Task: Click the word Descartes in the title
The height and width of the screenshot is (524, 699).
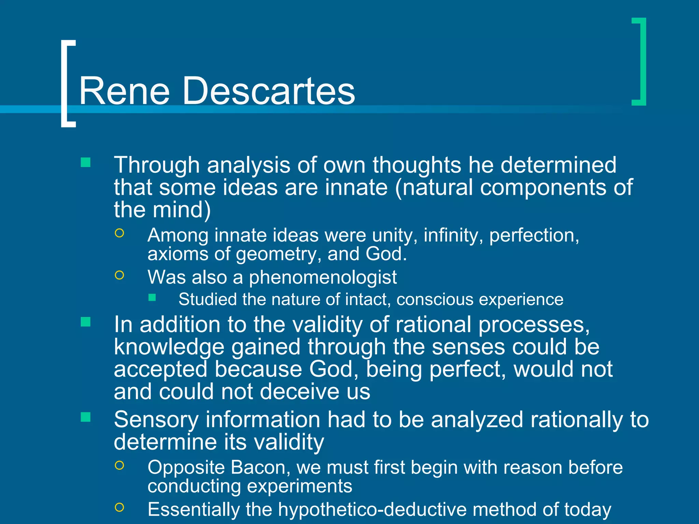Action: pos(269,91)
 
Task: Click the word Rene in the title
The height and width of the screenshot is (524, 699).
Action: pos(124,91)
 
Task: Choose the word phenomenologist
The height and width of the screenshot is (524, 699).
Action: pos(323,277)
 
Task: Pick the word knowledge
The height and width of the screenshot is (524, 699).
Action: pos(169,347)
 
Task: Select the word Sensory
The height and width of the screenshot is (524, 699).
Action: pos(156,420)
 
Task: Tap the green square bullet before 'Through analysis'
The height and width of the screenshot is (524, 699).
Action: pos(86,162)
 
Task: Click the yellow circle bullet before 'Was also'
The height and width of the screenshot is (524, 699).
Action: pos(119,275)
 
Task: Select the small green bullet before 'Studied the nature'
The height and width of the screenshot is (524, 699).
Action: pos(152,298)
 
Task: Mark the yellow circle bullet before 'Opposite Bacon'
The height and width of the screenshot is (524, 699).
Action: pos(119,465)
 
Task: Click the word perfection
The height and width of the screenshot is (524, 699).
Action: pos(534,235)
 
